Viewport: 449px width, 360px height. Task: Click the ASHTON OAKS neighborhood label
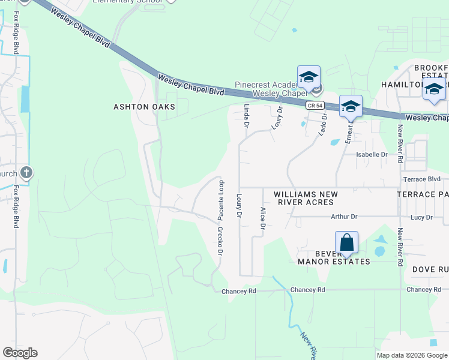click(144, 107)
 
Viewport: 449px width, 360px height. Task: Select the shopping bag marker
click(346, 243)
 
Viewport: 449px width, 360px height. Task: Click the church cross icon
click(26, 173)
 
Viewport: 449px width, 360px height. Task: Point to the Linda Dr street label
click(246, 116)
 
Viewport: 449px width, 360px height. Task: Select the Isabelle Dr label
click(372, 154)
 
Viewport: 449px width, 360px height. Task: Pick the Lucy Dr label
click(420, 217)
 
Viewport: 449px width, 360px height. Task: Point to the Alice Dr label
click(262, 218)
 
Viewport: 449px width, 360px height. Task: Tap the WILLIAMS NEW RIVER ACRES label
click(306, 199)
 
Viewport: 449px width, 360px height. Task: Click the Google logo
click(20, 353)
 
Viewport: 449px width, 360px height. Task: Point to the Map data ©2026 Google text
click(411, 355)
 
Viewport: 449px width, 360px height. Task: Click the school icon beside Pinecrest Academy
click(309, 77)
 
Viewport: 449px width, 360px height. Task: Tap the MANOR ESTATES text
click(334, 262)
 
